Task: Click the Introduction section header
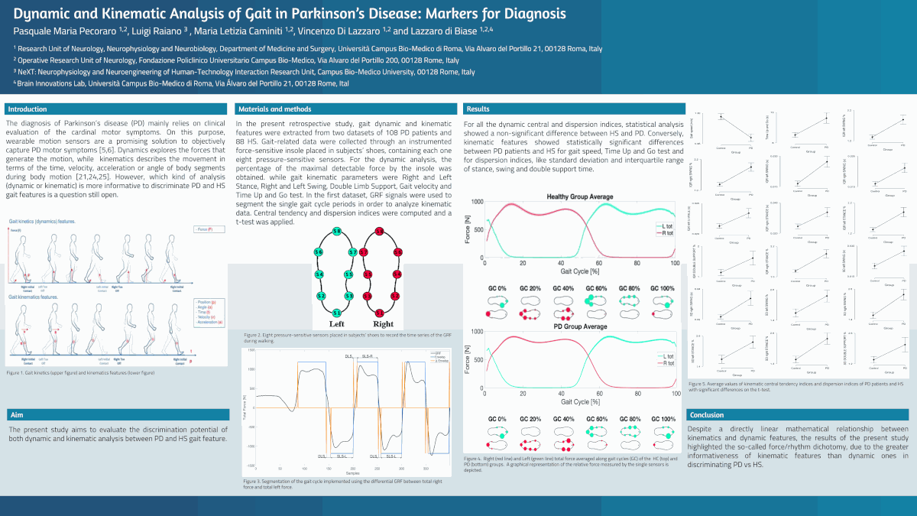coord(28,109)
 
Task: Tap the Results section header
coord(478,109)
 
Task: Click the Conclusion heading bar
coord(706,415)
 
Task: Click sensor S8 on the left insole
coord(336,231)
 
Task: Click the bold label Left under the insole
coord(336,324)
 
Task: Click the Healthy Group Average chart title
coord(578,197)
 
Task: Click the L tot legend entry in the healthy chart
coord(666,226)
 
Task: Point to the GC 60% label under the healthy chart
coord(595,288)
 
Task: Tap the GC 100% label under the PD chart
coord(663,419)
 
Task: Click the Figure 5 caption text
coord(795,387)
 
